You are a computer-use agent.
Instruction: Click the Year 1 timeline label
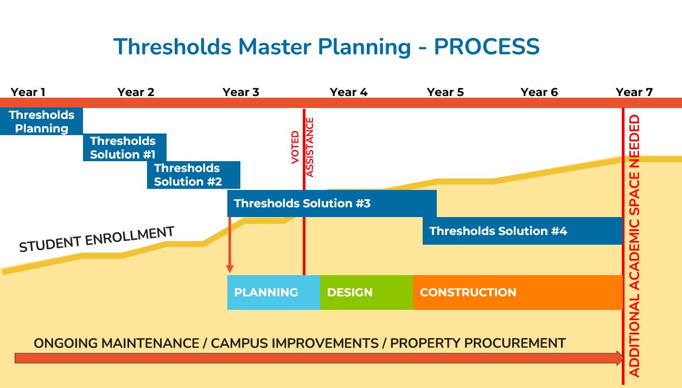click(x=28, y=92)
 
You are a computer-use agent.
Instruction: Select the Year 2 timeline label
click(x=136, y=92)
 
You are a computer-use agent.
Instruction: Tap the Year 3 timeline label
click(x=241, y=92)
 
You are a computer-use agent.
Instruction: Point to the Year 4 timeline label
click(x=348, y=92)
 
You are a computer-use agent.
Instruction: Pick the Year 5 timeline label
click(x=445, y=92)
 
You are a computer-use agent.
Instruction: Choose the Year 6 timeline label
click(x=539, y=92)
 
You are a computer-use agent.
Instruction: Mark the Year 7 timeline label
click(x=634, y=92)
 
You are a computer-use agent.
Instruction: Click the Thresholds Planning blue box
click(x=41, y=122)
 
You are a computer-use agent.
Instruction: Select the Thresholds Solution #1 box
click(x=124, y=148)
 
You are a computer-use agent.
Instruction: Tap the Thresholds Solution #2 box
click(x=193, y=175)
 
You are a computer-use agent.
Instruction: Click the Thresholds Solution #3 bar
click(x=332, y=203)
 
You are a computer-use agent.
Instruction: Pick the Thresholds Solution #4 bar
click(x=522, y=231)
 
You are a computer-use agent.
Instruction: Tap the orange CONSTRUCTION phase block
click(x=517, y=292)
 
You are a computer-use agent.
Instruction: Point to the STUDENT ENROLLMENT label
click(x=97, y=239)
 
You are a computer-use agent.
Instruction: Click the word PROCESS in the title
click(x=487, y=47)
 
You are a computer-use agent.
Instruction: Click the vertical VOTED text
click(x=295, y=147)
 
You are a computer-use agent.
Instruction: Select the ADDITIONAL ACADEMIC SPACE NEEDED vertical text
click(x=634, y=246)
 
